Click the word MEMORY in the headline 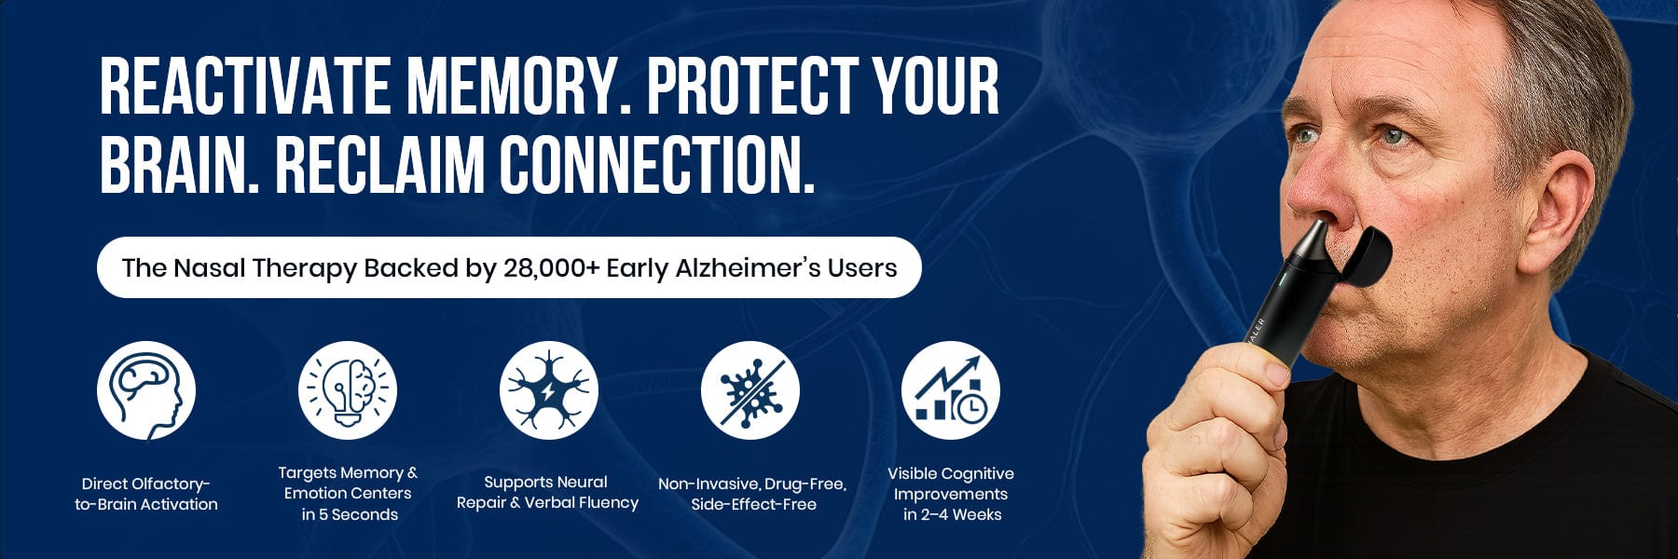pyautogui.click(x=510, y=86)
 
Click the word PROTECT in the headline pyautogui.click(x=752, y=86)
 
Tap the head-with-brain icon pyautogui.click(x=146, y=390)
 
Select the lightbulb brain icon pyautogui.click(x=348, y=390)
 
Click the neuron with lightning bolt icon pyautogui.click(x=549, y=390)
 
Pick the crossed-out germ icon pyautogui.click(x=750, y=390)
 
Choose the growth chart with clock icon pyautogui.click(x=951, y=390)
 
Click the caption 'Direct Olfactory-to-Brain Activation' pyautogui.click(x=146, y=494)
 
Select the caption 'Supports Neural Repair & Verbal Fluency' pyautogui.click(x=547, y=492)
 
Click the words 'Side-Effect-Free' pyautogui.click(x=753, y=504)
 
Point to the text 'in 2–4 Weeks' pyautogui.click(x=952, y=514)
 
